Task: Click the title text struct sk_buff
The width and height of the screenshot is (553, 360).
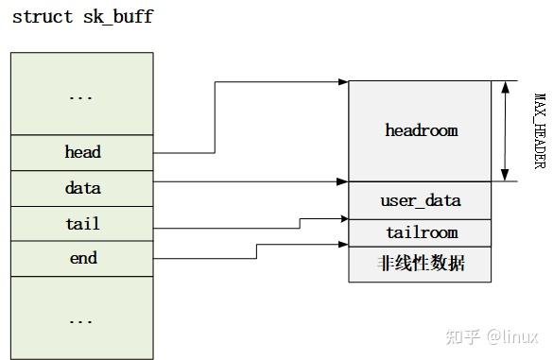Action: tap(82, 17)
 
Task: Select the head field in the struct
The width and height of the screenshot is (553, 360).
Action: tap(82, 152)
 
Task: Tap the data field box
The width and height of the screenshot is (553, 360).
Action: tap(82, 188)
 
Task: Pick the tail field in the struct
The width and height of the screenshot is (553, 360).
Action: tap(82, 224)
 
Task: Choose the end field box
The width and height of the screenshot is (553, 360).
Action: tap(82, 258)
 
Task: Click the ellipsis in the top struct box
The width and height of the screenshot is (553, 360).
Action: tap(82, 94)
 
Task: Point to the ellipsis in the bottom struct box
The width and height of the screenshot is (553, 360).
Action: tap(82, 318)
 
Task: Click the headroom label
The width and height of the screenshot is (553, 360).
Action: tap(421, 130)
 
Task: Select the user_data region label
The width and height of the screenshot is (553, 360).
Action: tap(421, 200)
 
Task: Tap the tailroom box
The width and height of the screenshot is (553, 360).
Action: tap(421, 232)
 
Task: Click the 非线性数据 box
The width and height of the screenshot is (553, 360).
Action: tap(421, 264)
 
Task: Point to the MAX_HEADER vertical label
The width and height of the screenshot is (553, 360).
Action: tap(540, 130)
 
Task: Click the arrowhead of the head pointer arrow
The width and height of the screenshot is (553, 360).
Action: tap(343, 82)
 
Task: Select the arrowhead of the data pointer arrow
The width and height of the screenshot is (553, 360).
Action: tap(343, 181)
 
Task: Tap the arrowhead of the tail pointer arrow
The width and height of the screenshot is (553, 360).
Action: tap(343, 219)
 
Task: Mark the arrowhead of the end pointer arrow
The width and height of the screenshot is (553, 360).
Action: tap(343, 245)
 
